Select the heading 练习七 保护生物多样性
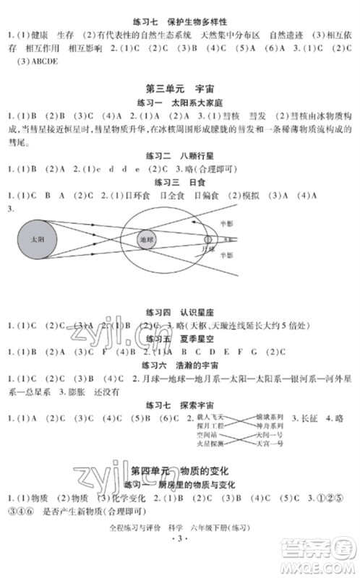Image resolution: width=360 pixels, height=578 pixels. (180, 21)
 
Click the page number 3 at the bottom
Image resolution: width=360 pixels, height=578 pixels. (180, 558)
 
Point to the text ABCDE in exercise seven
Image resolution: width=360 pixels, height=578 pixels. (43, 61)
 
